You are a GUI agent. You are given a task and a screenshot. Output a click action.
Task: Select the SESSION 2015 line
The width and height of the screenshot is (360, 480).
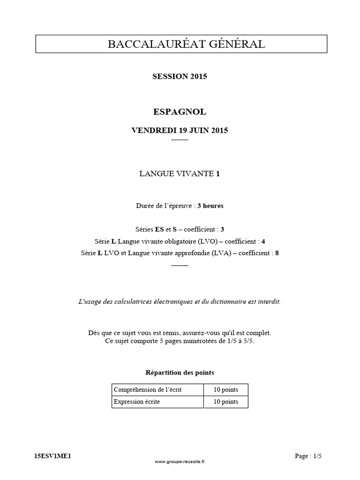(x=180, y=76)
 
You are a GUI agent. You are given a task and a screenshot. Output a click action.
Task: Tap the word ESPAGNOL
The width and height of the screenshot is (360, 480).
(x=180, y=112)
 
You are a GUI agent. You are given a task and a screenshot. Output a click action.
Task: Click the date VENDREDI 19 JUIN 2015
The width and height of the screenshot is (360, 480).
(x=180, y=130)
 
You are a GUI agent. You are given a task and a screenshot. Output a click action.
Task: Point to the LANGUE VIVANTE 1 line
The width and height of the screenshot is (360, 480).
(x=180, y=174)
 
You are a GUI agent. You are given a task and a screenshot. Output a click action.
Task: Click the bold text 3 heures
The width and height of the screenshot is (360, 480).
(x=210, y=206)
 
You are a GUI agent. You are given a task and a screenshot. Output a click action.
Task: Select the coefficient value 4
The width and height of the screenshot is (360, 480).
(x=263, y=241)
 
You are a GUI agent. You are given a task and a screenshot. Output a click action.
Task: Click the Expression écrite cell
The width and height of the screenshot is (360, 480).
(x=136, y=402)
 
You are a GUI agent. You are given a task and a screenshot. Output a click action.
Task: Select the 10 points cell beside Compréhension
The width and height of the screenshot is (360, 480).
(x=225, y=390)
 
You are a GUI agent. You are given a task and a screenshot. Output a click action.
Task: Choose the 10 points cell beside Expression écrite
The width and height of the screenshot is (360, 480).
(x=225, y=402)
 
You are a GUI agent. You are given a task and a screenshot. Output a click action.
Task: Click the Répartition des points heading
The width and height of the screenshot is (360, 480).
(x=180, y=373)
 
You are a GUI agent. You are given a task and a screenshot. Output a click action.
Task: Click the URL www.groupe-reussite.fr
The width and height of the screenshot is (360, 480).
(x=180, y=462)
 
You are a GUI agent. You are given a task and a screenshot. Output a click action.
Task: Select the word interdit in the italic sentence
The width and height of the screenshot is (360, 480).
(x=270, y=301)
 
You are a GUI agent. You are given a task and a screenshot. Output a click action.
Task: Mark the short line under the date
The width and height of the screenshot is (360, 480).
(x=180, y=140)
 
